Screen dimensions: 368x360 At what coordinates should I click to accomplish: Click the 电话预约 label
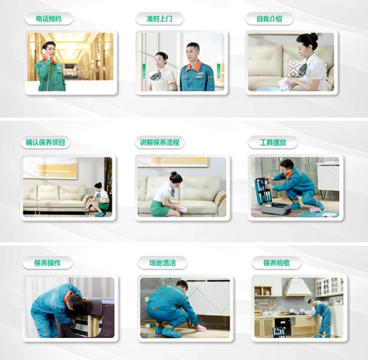click(48, 19)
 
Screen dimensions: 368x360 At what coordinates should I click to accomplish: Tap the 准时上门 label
click(159, 19)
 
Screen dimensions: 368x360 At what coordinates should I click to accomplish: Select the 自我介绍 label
click(269, 19)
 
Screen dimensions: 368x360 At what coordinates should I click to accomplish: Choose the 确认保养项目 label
click(45, 142)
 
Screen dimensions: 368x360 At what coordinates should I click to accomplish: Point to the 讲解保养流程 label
click(159, 142)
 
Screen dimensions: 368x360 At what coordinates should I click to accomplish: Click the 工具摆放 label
click(273, 142)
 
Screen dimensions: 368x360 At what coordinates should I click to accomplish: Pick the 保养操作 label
click(47, 263)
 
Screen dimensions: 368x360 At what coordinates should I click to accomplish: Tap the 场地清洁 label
click(163, 263)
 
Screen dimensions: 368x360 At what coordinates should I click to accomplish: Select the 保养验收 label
click(276, 263)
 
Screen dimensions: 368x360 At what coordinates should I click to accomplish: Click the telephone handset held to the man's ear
click(44, 52)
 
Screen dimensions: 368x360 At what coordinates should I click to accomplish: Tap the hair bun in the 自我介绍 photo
click(314, 37)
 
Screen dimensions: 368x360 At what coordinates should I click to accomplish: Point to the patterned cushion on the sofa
click(296, 68)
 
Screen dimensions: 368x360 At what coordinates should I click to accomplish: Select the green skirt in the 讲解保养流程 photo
click(159, 209)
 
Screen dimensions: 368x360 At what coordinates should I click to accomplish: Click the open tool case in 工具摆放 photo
click(270, 196)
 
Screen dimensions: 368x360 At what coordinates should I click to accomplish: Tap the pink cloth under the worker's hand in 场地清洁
click(200, 327)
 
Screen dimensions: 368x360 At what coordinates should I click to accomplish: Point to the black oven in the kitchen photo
click(283, 326)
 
